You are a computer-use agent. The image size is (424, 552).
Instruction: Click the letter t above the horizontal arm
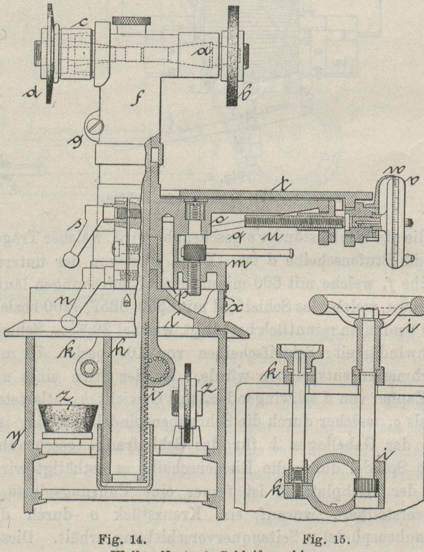(284, 186)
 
